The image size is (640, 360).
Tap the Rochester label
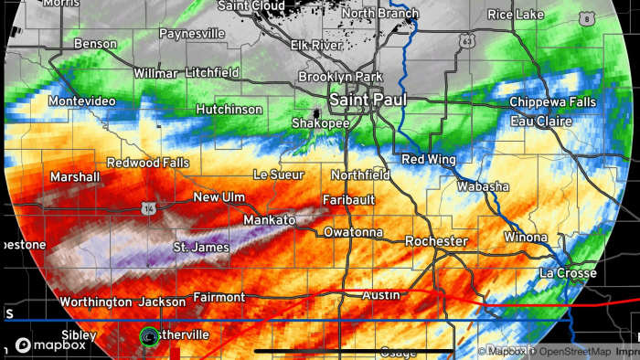437,241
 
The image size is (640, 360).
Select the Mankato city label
269,220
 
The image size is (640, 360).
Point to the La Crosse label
568,272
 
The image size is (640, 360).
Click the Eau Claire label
540,121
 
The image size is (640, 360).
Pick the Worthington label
95,302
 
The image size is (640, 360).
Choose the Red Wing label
428,160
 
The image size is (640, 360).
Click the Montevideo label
81,101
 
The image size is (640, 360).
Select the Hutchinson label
229,109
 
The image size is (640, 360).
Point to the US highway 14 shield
147,209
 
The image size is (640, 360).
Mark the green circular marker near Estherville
148,336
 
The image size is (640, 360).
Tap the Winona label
525,238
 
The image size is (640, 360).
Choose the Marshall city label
75,176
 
